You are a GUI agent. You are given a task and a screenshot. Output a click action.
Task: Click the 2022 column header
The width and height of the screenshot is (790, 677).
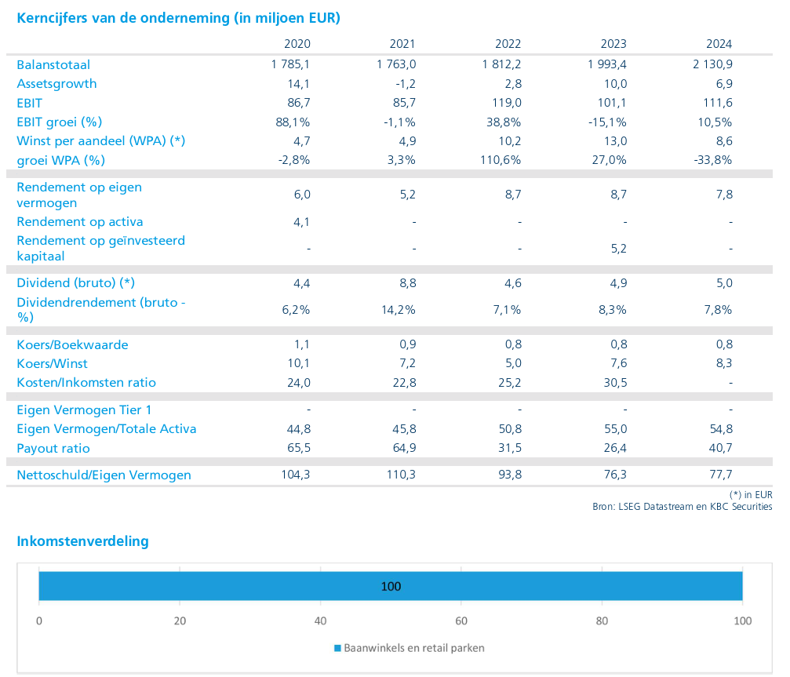(508, 44)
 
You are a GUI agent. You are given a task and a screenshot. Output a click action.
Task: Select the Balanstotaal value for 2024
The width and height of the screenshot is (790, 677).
(712, 64)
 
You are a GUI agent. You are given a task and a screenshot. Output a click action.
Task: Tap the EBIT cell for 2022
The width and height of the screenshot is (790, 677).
(507, 103)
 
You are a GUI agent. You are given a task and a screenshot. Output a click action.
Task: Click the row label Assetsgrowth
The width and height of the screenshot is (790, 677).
(56, 84)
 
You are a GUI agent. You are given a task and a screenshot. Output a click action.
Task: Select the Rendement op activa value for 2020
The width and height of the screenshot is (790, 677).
(302, 221)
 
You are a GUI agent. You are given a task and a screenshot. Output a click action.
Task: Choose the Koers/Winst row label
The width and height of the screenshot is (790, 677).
(52, 363)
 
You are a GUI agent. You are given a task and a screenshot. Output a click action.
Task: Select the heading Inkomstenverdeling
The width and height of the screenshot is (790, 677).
(82, 541)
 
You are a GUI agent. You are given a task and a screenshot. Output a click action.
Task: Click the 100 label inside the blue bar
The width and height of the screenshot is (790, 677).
(391, 586)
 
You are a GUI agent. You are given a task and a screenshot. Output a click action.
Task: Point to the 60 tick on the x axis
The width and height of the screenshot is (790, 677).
(461, 621)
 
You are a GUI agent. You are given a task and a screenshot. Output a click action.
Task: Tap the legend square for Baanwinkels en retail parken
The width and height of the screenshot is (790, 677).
(338, 648)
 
